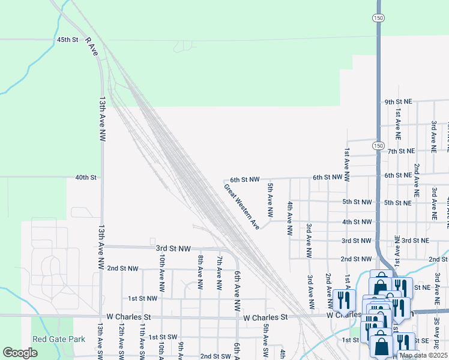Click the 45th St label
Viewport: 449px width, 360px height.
[x=68, y=40]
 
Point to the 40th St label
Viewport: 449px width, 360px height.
[x=86, y=178]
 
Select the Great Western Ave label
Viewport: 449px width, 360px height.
[x=242, y=206]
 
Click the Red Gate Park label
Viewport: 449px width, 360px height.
[x=59, y=339]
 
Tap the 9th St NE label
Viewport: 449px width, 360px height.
[x=399, y=102]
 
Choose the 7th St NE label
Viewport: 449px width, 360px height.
[x=402, y=151]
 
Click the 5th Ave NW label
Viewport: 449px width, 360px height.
[x=270, y=200]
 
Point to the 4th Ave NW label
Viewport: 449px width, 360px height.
[x=289, y=218]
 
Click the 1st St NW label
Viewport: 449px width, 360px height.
[x=143, y=298]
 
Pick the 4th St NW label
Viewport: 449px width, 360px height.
[x=357, y=222]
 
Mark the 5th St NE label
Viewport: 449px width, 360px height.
[x=398, y=202]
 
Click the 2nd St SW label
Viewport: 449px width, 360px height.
[x=215, y=356]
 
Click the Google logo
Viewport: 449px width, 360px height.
[x=20, y=353]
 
